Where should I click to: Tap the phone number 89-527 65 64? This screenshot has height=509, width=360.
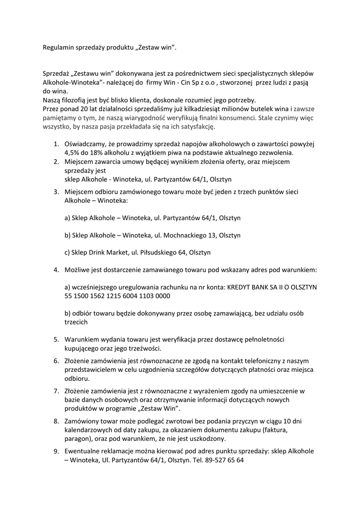coord(222,460)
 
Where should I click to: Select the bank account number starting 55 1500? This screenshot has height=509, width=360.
coord(117,296)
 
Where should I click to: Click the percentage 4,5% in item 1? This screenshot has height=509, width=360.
coord(73,153)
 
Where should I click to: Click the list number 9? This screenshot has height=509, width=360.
coord(56,451)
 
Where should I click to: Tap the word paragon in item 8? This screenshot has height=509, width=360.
coord(78,439)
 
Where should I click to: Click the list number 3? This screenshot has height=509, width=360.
coord(56,192)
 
